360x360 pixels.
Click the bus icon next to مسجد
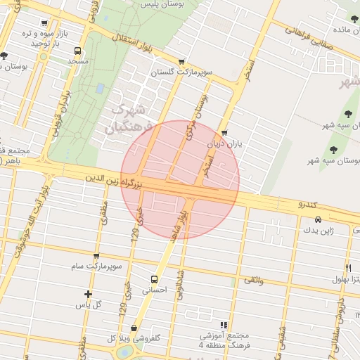(x=77, y=51)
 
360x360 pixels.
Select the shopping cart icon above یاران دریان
(x=224, y=132)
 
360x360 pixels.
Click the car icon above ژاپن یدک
(x=318, y=219)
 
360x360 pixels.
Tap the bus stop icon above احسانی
(x=155, y=278)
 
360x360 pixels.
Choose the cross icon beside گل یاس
(x=88, y=294)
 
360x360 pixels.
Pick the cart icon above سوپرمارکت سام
(x=96, y=256)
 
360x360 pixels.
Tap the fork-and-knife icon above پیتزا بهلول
(x=348, y=268)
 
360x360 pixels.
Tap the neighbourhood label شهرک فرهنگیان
(x=125, y=120)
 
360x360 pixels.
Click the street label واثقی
(x=253, y=281)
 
